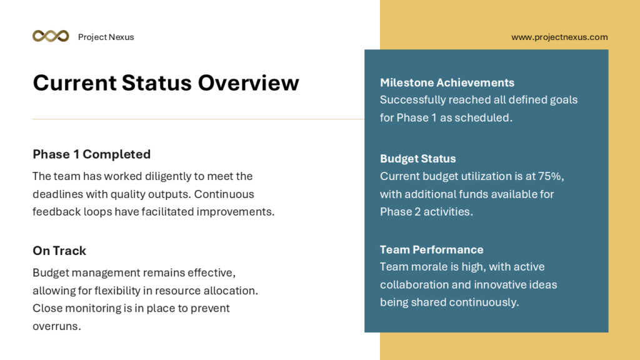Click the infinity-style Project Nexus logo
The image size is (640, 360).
51,36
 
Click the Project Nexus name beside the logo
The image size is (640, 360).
106,37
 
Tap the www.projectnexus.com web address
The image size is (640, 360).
559,37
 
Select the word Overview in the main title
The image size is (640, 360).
249,83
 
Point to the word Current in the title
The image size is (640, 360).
75,83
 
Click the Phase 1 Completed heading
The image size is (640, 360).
92,154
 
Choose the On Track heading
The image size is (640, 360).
59,251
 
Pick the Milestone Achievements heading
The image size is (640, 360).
447,83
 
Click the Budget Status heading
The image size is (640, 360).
418,159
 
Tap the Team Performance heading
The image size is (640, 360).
431,250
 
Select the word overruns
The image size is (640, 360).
57,326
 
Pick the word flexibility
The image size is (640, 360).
117,291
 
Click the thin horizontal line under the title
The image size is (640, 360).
198,119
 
